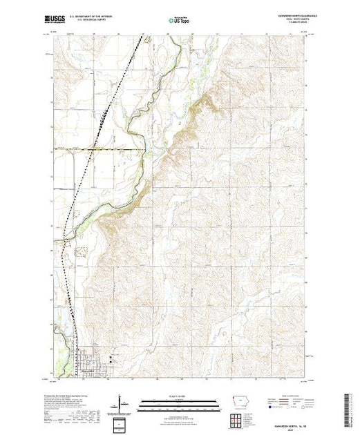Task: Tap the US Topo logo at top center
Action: click(179, 21)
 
